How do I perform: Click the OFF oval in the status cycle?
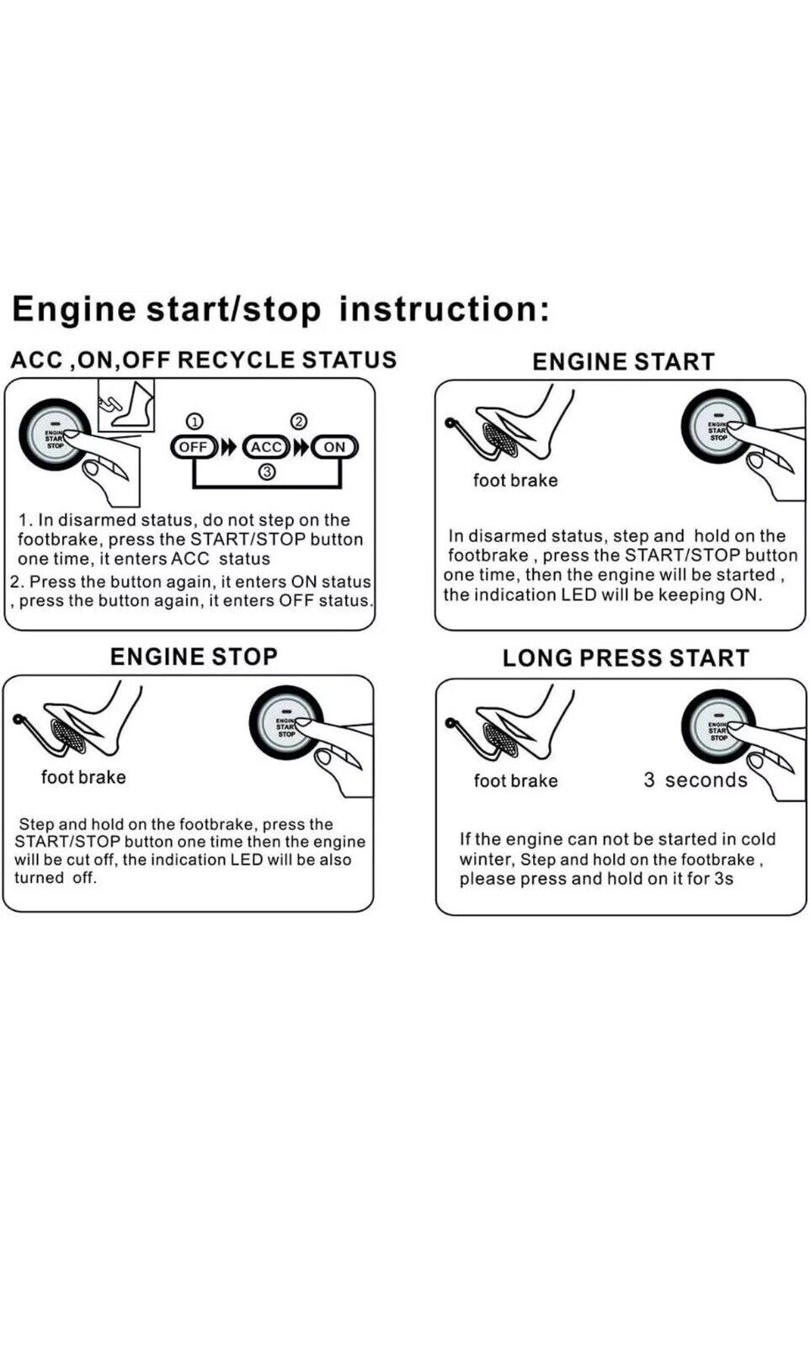click(x=194, y=447)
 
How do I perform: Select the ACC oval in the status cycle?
click(x=266, y=447)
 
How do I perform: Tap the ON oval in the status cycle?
click(x=334, y=447)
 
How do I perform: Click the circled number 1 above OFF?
click(x=194, y=421)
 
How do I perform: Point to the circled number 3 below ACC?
click(x=267, y=472)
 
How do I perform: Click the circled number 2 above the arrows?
click(x=298, y=421)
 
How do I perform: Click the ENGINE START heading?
click(x=623, y=362)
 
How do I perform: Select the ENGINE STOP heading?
click(x=194, y=657)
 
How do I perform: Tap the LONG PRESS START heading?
click(x=626, y=658)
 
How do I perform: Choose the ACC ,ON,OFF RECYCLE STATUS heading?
click(x=204, y=360)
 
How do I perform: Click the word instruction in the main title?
click(x=444, y=309)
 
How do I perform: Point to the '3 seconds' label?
click(x=695, y=780)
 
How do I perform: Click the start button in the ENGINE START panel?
click(x=717, y=427)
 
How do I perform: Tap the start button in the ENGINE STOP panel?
click(x=286, y=723)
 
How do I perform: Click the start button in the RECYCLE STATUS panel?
click(x=55, y=435)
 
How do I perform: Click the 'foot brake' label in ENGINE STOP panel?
click(x=83, y=777)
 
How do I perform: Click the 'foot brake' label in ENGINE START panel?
click(x=515, y=481)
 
